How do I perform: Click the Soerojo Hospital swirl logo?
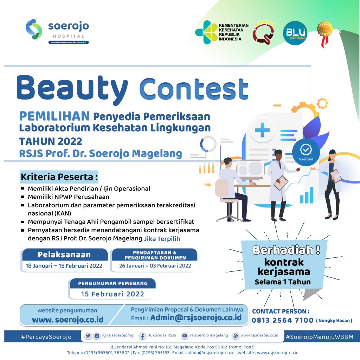34,29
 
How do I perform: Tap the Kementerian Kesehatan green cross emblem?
206,32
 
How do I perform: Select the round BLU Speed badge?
295,33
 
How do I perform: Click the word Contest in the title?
194,89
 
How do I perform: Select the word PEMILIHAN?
54,116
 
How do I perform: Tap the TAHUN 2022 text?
51,141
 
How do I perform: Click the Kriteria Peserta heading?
59,177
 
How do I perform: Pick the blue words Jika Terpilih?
162,239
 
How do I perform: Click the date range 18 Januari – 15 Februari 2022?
64,266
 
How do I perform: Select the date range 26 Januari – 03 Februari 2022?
155,266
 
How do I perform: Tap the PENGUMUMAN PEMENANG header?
113,283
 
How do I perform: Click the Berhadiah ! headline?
286,250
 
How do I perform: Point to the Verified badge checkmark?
306,149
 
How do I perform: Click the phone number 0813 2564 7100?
282,320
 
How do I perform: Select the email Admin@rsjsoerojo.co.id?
196,317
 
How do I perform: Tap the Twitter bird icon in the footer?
88,336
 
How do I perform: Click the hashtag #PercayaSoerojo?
46,337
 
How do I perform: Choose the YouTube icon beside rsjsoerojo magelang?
185,336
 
